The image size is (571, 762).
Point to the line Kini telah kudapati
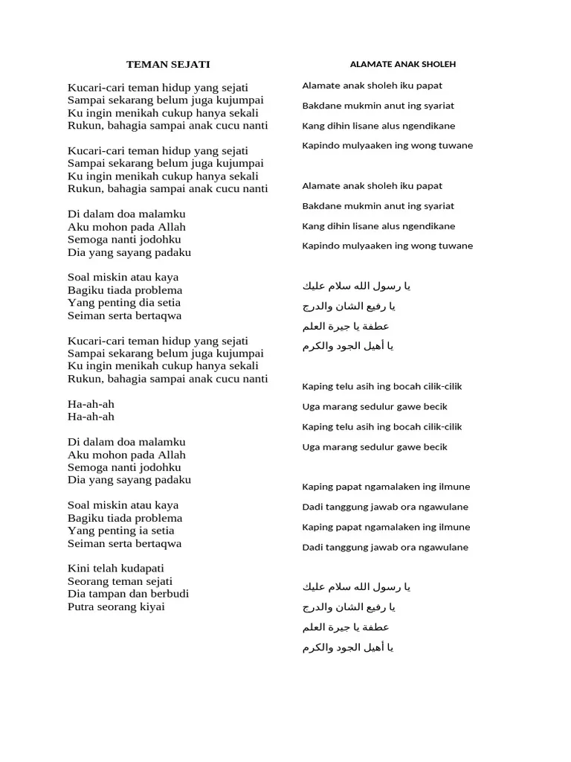[x=116, y=569]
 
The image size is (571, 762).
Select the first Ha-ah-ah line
[x=91, y=404]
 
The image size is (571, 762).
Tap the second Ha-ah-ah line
[x=91, y=417]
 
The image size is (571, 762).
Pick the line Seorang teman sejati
[x=120, y=581]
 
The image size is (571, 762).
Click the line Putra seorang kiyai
[x=116, y=606]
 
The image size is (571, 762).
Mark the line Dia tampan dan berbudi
[x=128, y=594]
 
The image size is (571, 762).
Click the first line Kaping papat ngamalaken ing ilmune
[x=386, y=487]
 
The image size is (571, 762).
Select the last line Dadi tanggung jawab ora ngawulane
[x=385, y=547]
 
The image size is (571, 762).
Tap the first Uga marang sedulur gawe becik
[x=375, y=406]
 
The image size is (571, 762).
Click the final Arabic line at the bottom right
[x=348, y=647]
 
